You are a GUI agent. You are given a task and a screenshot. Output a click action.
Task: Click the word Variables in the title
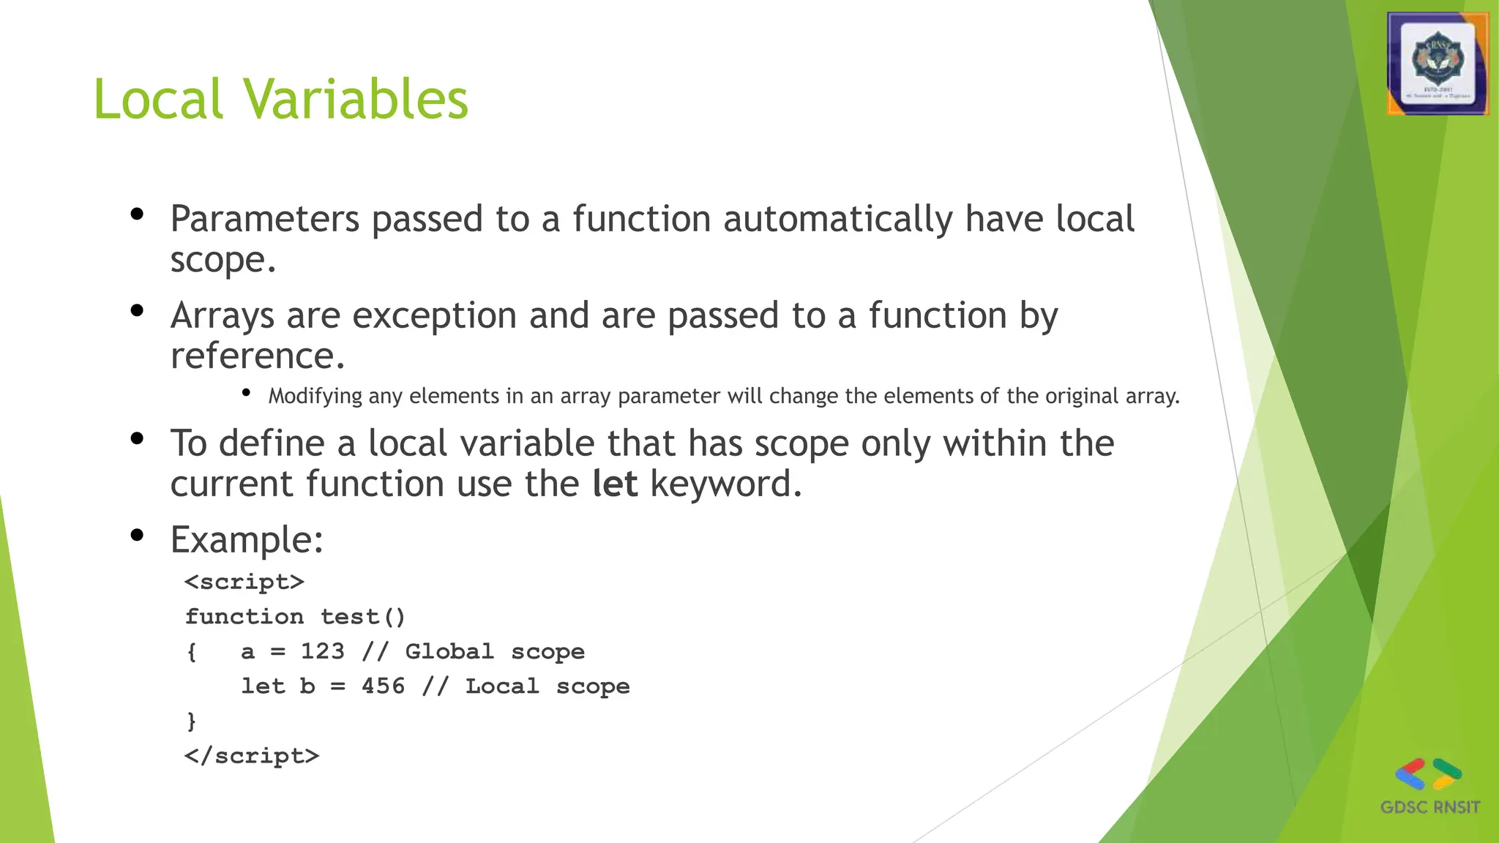click(356, 99)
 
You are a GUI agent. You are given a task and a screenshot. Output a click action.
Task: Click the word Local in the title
click(158, 99)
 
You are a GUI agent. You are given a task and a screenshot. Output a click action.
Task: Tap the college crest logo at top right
click(1438, 64)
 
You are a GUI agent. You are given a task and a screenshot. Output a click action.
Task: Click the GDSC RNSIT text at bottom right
click(1429, 808)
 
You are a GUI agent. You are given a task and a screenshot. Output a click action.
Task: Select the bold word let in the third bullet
click(615, 484)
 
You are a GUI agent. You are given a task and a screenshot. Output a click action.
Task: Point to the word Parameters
click(264, 219)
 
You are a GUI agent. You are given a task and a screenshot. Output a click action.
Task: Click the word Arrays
click(223, 316)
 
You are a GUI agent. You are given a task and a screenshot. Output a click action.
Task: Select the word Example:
click(247, 540)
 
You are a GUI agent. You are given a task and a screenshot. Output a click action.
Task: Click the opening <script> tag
click(244, 582)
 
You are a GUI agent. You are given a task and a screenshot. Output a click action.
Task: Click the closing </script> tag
click(252, 756)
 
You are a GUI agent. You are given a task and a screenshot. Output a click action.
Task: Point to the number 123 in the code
click(322, 651)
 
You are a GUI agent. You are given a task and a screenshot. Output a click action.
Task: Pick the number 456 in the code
click(383, 686)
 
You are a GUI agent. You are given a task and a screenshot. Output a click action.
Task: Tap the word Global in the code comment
click(449, 651)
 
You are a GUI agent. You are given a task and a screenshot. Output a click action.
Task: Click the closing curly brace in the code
click(192, 722)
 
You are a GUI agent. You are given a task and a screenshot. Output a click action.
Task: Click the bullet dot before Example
click(137, 535)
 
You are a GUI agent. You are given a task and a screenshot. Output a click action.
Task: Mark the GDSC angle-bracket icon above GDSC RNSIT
click(1428, 774)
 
